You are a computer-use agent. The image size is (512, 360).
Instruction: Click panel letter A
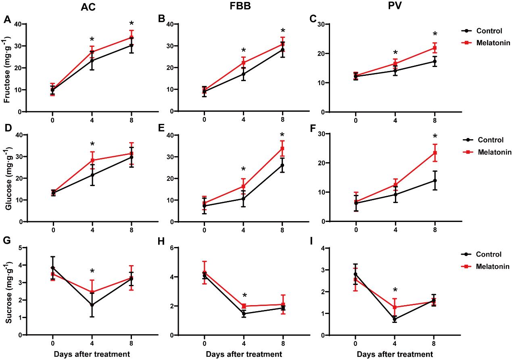coord(6,19)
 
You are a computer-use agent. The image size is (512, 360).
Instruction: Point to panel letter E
coord(159,129)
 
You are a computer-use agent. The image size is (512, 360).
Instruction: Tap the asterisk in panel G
coord(92,271)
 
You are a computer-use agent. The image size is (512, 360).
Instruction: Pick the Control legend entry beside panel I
coord(488,254)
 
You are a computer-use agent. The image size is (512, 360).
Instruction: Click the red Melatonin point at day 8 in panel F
coord(435,153)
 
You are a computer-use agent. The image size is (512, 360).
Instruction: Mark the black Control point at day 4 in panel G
coord(92,305)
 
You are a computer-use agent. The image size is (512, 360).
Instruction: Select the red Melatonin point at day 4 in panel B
coord(244,63)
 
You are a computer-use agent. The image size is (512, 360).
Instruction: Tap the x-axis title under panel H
coord(243,354)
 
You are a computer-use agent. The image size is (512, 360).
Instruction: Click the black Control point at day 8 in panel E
coord(282,165)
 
